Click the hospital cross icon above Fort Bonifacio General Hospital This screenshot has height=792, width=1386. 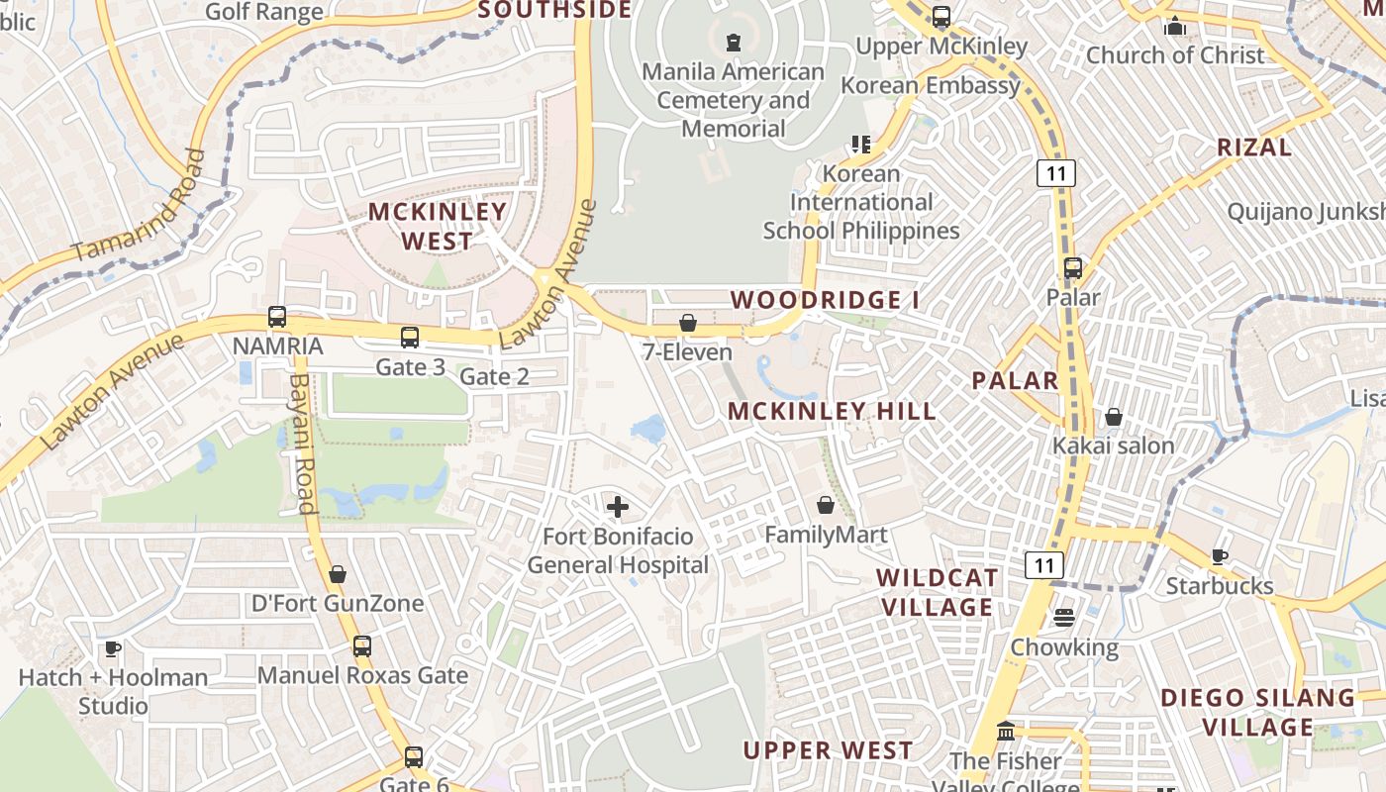click(x=618, y=507)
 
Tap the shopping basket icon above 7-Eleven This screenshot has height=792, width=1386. click(x=687, y=323)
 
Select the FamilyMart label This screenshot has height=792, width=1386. click(x=826, y=535)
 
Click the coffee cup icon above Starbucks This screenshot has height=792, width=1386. click(x=1220, y=556)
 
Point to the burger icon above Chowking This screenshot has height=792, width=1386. click(x=1064, y=618)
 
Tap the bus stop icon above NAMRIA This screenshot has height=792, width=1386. click(x=277, y=317)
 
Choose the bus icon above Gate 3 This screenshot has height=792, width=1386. click(x=410, y=337)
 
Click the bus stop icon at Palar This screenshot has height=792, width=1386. click(x=1073, y=267)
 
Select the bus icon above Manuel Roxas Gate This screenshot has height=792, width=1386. click(x=362, y=645)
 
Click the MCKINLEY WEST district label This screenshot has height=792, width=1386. click(x=438, y=226)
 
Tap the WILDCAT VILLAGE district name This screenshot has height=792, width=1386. click(x=937, y=592)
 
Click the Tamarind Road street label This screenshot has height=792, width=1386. click(x=139, y=206)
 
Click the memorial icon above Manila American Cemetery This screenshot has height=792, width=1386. click(x=733, y=43)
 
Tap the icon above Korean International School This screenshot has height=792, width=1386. click(x=861, y=145)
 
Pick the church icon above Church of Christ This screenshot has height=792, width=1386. click(x=1175, y=26)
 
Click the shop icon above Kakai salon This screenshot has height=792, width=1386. click(x=1114, y=417)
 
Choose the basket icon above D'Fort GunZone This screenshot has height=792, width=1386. click(x=338, y=574)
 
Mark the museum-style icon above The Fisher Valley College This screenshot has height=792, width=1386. click(x=1006, y=732)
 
